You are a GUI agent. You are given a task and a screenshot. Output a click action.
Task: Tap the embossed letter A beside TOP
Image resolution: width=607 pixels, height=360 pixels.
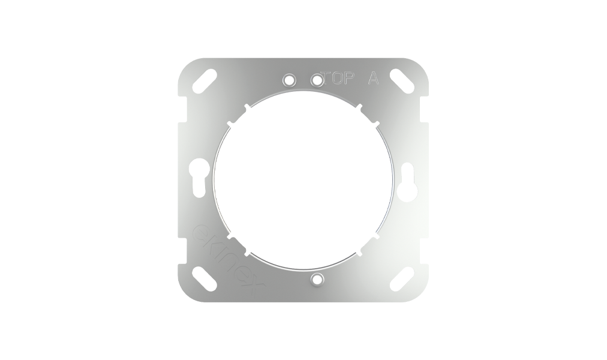[373, 79]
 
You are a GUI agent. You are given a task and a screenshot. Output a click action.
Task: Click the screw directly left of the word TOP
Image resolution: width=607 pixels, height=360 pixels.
[317, 79]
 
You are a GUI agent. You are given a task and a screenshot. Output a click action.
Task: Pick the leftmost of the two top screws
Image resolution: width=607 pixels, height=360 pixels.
[290, 79]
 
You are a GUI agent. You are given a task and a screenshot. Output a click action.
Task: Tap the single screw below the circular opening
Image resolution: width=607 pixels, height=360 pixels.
[317, 279]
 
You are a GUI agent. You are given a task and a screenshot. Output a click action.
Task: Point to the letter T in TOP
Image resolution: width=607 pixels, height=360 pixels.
[329, 79]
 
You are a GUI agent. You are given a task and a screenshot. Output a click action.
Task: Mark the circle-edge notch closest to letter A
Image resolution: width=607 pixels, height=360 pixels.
[359, 107]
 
